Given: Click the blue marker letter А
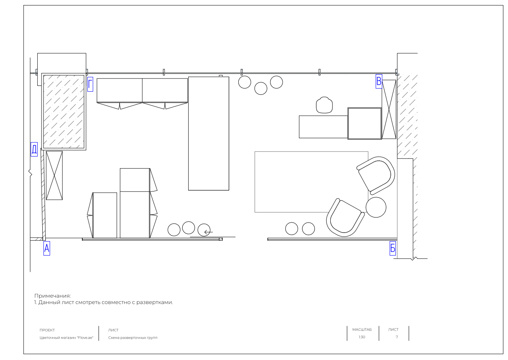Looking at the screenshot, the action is coord(47,248).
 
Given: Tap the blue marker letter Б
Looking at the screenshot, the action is coord(393,248).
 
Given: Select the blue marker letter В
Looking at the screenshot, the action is coord(379,81).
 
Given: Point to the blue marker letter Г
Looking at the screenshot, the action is coord(90,84).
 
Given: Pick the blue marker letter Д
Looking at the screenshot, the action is coord(34,150).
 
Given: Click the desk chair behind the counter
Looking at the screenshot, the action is coord(324,105).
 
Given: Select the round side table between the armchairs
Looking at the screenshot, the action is coord(376,207).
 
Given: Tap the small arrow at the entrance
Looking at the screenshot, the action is coord(208,232).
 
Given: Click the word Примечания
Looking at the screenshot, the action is coord(53,296).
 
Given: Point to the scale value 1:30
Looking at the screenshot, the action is coord(362,337).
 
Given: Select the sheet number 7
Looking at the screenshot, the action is coord(397,337).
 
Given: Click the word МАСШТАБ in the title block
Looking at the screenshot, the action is coord(362,330).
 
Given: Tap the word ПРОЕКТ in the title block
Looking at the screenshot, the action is coord(47,330).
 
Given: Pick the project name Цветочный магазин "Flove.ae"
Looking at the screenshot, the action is coord(66,338).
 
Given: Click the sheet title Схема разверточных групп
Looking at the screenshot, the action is coord(133,338).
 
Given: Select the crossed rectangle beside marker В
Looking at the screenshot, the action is coord(389,110).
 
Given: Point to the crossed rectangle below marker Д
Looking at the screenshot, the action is coord(54,176).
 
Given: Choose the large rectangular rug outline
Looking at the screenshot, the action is coord(255,182).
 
